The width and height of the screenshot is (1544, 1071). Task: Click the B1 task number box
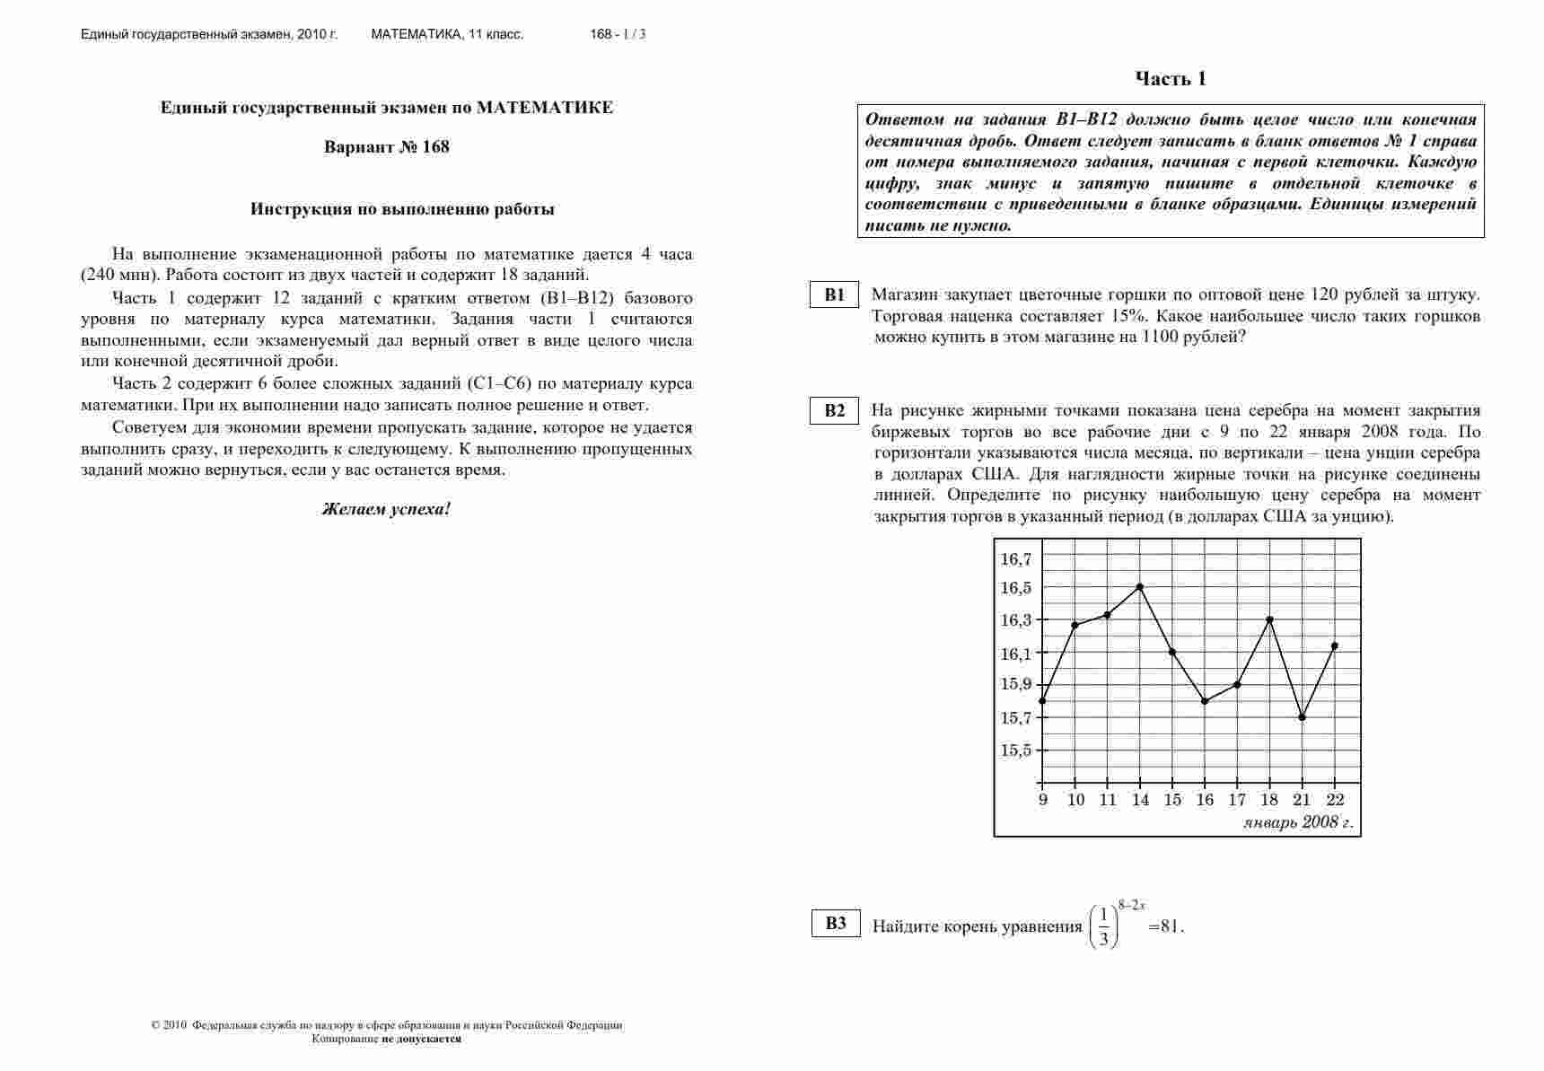coord(835,294)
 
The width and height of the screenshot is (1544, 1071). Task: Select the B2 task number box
coord(835,410)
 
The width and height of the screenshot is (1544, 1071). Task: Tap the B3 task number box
coord(836,923)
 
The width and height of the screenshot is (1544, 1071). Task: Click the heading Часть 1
coord(1171,79)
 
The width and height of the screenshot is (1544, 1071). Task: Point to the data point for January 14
coord(1140,587)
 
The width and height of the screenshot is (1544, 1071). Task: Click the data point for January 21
coord(1302,717)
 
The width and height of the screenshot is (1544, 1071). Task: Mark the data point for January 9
coord(1042,701)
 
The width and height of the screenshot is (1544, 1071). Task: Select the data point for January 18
coord(1269,619)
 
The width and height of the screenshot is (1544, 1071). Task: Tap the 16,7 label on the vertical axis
coord(1016,559)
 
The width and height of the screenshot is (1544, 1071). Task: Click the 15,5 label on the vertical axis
coord(1016,751)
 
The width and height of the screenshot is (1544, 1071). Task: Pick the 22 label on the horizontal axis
coord(1334,800)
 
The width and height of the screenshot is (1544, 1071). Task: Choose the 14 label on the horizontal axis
coord(1140,800)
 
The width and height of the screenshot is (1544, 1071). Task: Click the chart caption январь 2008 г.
coord(1298,822)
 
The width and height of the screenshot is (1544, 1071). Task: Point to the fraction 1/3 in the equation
coord(1103,927)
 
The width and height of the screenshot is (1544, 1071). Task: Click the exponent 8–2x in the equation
coord(1131,906)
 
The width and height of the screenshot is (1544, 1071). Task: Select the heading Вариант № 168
coord(386,147)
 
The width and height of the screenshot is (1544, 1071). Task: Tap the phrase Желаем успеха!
coord(386,509)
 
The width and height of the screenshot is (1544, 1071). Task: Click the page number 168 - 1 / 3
coord(618,35)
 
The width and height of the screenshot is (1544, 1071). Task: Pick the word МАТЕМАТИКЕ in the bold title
coord(545,108)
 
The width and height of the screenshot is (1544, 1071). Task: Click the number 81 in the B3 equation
coord(1171,927)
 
